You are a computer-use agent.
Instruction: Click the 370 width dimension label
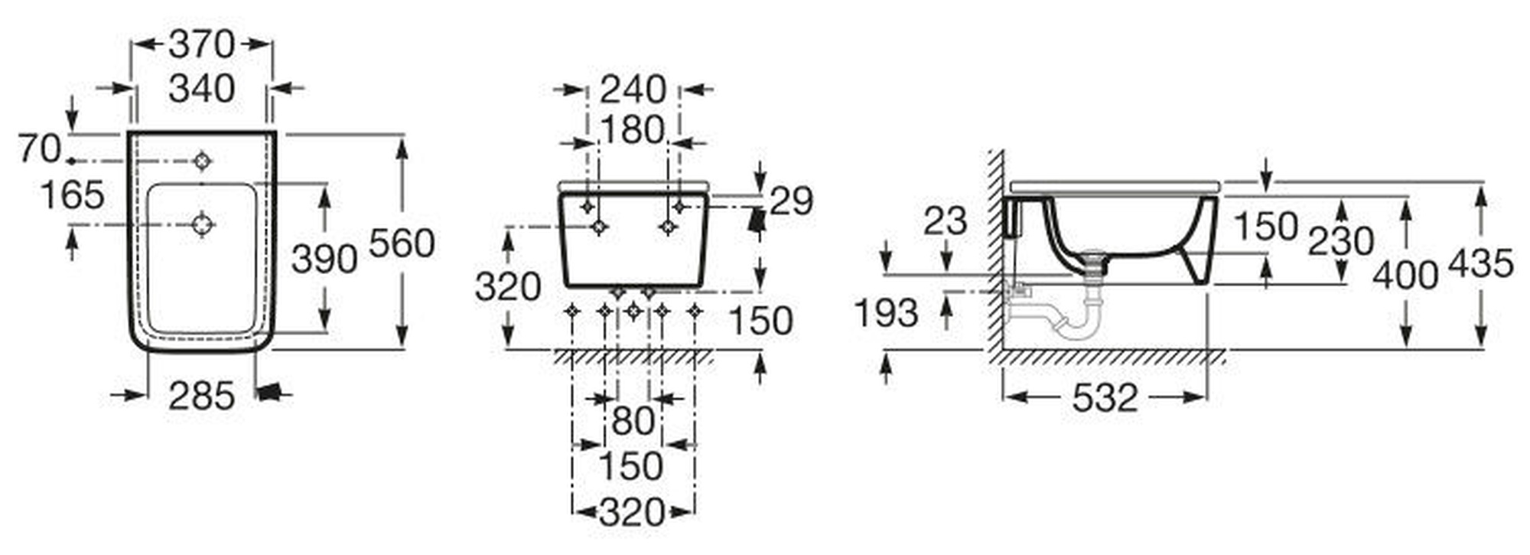click(x=201, y=44)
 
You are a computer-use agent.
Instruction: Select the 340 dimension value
click(x=201, y=89)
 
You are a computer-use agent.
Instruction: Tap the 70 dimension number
click(x=39, y=149)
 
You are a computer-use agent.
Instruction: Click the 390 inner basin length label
click(x=324, y=260)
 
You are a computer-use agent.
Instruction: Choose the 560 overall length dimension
click(x=402, y=243)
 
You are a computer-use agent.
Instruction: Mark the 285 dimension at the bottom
click(x=201, y=396)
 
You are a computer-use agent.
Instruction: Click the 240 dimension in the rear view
click(x=633, y=90)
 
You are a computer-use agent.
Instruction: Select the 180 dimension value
click(x=631, y=130)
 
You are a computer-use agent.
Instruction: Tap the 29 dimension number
click(x=791, y=201)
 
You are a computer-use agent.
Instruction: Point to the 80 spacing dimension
click(x=633, y=420)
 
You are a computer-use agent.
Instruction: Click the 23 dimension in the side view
click(x=946, y=221)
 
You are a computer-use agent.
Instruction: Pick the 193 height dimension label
click(x=886, y=312)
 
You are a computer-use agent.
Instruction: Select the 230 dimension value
click(x=1341, y=242)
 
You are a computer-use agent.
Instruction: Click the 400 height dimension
click(x=1405, y=275)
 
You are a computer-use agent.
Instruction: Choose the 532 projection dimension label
click(x=1105, y=397)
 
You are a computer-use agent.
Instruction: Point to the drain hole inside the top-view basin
click(x=202, y=225)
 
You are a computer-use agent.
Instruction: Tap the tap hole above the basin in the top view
click(x=202, y=161)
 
